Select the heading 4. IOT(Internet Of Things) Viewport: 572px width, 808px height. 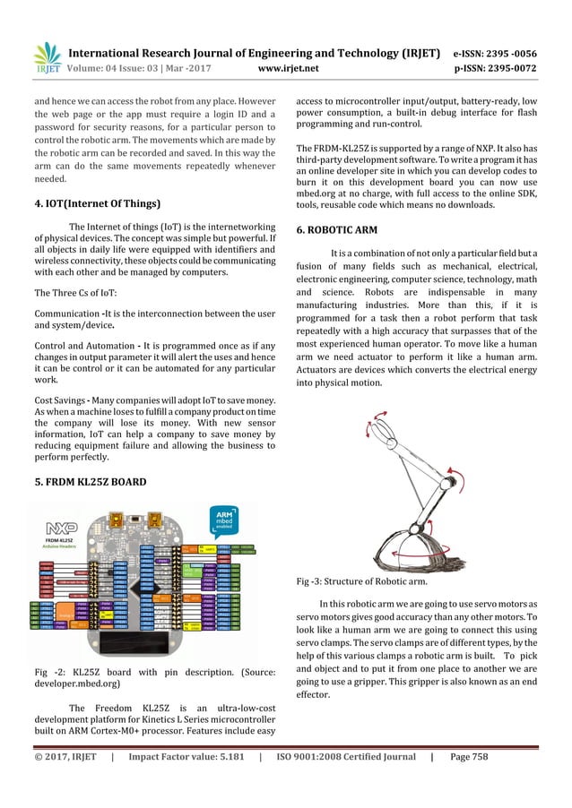(97, 203)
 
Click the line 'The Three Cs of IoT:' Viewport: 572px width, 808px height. (79, 293)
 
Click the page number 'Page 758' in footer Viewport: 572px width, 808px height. (473, 757)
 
